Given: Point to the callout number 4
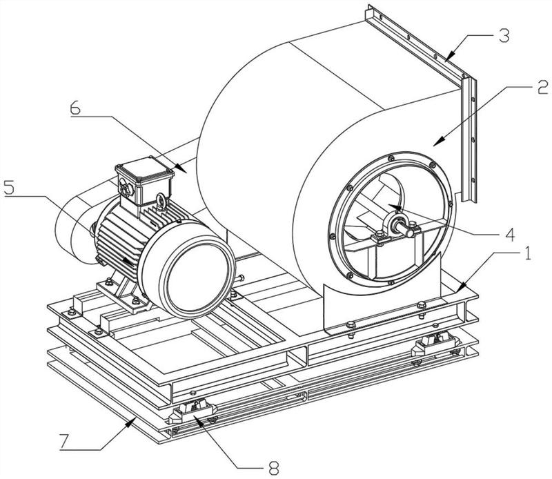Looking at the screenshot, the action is [x=509, y=235].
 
